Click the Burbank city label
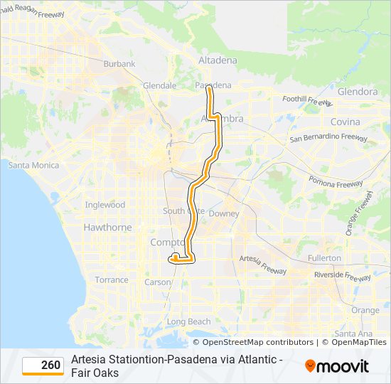pos(119,64)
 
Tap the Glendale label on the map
pos(159,85)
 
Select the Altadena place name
pos(218,60)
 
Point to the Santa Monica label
pos(33,166)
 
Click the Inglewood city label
pos(105,205)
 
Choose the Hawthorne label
pos(107,228)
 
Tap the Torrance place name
pos(112,280)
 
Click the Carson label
pos(158,282)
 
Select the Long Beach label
pos(188,322)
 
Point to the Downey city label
pos(224,214)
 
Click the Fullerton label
pos(324,258)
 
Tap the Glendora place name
pos(358,92)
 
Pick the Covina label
pos(346,122)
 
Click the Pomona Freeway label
pos(341,184)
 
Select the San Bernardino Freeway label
pos(328,137)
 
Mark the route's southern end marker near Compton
pos(175,257)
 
